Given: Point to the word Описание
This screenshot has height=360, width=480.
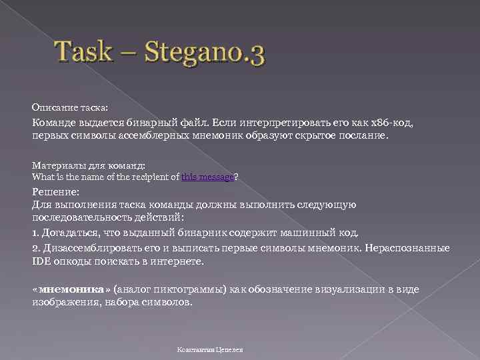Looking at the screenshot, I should (x=50, y=107).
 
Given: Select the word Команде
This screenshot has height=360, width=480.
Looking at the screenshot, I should (x=56, y=123).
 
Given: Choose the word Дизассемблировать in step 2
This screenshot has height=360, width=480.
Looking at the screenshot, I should (x=93, y=248).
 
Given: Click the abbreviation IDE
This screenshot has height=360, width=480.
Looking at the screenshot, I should (x=41, y=261).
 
